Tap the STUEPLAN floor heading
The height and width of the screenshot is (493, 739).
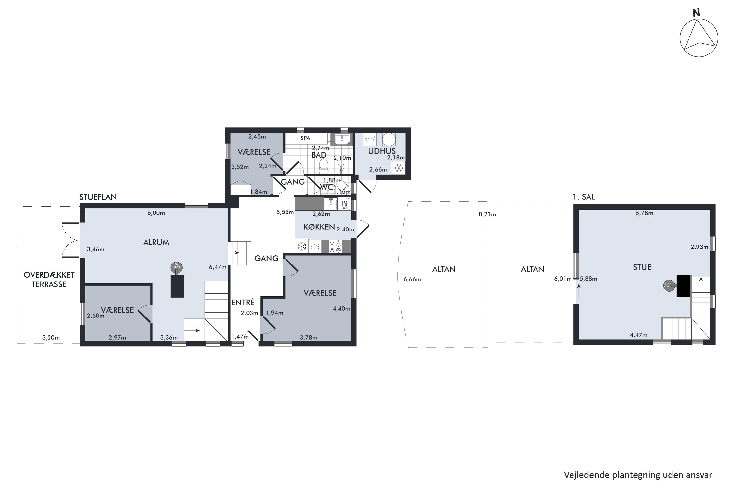coord(98,197)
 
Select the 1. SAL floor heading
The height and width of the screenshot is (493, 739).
coord(584,197)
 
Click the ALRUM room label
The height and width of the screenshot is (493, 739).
coord(156,242)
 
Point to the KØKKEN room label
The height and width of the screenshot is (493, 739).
coord(319,227)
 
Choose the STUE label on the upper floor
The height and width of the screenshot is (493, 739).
coord(642,267)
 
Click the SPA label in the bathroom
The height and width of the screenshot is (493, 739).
coord(305,138)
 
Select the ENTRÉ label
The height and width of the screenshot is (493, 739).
coord(243,302)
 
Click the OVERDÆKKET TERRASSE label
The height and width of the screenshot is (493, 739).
coord(49,280)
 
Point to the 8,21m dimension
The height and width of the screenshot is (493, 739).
coord(487,214)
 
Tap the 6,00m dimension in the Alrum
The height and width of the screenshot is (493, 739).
coord(156,213)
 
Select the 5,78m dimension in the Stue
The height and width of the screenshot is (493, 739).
coord(644,213)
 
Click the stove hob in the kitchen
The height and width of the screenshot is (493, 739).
coord(335,246)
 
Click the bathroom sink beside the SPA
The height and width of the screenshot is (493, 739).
coord(341,139)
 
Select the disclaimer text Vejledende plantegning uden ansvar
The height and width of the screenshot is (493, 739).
coord(638,475)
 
